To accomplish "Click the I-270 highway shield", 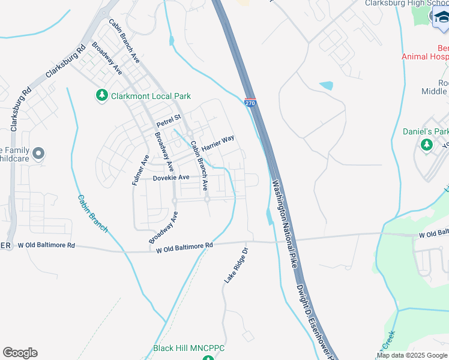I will [250, 103].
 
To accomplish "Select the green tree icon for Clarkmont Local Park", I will [101, 95].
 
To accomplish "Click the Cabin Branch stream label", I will [92, 214].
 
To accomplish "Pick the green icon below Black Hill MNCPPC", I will [208, 358].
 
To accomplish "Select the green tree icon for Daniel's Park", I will [427, 145].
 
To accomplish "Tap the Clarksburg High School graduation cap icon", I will [441, 18].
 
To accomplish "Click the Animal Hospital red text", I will [425, 56].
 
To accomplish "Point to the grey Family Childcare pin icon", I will [38, 154].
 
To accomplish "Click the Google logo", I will [20, 353].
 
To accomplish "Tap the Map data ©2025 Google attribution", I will [412, 355].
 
